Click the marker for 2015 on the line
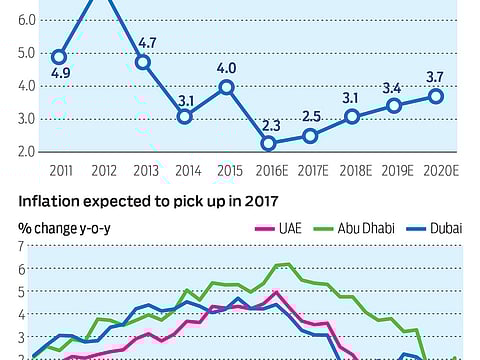(x=226, y=87)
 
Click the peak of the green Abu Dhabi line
(x=287, y=264)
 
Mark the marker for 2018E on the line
(x=352, y=117)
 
